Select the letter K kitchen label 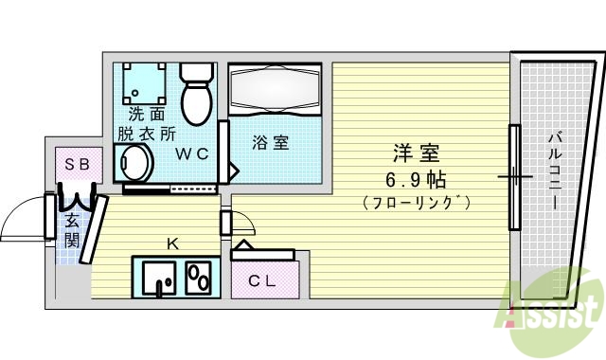(x=172, y=243)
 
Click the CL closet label (x=262, y=281)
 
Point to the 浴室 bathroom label (x=270, y=143)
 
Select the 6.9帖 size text (x=418, y=178)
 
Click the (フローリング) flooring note (x=418, y=202)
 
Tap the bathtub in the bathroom (x=277, y=93)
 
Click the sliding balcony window (x=514, y=176)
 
